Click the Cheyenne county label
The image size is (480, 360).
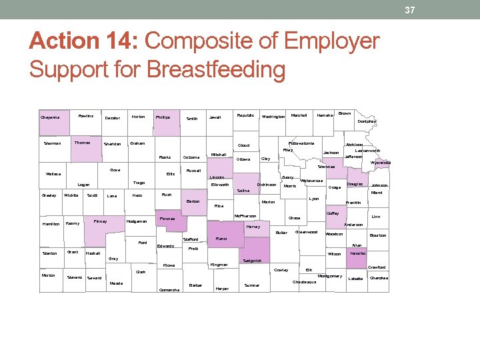tap(50, 117)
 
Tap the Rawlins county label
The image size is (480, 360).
tap(85, 116)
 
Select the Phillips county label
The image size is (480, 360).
tap(163, 117)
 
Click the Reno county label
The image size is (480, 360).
tap(221, 238)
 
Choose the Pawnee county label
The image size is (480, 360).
tap(167, 219)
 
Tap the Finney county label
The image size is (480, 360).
tap(100, 221)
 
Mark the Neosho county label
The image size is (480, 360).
tap(357, 253)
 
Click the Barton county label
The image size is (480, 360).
tap(193, 201)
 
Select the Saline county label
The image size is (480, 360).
tap(243, 191)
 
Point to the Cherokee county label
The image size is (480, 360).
tap(379, 278)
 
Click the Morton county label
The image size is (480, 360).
tap(49, 275)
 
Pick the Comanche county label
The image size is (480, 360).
tap(169, 290)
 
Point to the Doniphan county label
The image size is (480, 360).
tap(366, 122)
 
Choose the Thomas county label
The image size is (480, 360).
tap(82, 142)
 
